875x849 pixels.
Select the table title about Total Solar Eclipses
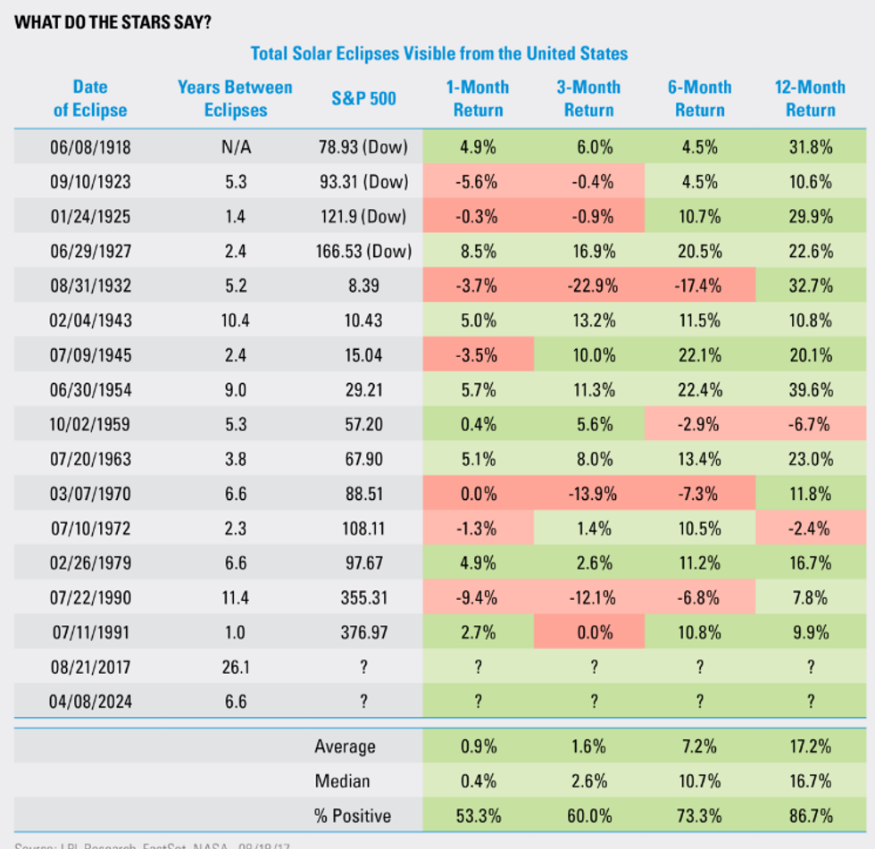click(x=438, y=54)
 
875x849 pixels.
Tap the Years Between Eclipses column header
click(x=235, y=98)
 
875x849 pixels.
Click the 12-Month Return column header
click(x=810, y=98)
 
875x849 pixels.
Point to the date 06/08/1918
click(x=90, y=147)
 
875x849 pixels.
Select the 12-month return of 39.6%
click(x=810, y=390)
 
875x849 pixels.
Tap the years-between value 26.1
click(x=235, y=667)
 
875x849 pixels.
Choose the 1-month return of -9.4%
click(x=478, y=598)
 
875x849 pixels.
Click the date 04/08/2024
click(x=90, y=702)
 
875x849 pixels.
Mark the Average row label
click(x=346, y=746)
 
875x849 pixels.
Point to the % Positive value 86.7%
click(x=810, y=815)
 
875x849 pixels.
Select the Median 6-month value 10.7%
click(x=699, y=781)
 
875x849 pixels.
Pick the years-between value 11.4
click(x=235, y=598)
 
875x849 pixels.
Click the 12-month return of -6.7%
click(x=810, y=425)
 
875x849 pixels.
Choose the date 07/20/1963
click(x=90, y=460)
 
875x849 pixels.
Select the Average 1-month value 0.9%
click(x=478, y=746)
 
